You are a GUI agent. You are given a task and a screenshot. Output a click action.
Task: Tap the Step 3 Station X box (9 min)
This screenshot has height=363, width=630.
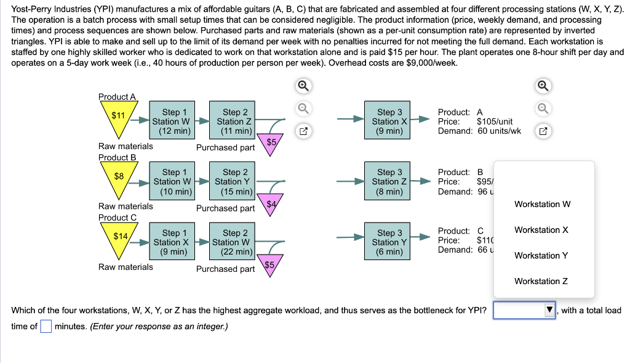coord(389,121)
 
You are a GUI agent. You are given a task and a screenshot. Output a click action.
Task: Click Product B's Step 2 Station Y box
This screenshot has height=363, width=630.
coord(235,182)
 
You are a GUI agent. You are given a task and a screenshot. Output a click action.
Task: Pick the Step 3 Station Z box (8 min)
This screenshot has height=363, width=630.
coord(389,182)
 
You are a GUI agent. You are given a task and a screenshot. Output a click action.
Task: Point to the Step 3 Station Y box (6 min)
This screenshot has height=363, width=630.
coord(389,242)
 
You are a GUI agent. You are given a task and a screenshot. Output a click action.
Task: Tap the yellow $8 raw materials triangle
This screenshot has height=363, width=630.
coord(118,178)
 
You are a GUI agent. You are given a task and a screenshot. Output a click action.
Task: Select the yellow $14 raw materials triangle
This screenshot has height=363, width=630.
coord(120,239)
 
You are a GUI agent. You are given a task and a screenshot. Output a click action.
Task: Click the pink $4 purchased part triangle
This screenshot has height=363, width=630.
coord(270,206)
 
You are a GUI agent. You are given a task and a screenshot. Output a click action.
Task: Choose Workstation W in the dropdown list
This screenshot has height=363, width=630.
coord(542,204)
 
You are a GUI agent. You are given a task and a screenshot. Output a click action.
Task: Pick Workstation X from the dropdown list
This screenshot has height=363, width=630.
coord(541,230)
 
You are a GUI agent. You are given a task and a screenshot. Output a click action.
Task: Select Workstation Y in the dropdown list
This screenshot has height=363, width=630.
coord(541,255)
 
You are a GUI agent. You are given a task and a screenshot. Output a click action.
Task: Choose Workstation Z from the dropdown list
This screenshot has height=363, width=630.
coord(541,281)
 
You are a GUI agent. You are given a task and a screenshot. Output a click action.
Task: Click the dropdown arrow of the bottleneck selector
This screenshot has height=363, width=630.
coord(550,311)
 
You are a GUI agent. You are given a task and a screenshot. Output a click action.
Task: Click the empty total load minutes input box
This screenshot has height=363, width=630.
coord(46,327)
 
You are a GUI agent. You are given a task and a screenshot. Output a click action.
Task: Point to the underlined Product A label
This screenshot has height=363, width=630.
coord(117,97)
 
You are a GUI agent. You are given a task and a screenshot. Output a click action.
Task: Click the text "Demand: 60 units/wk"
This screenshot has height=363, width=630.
coord(479,131)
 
